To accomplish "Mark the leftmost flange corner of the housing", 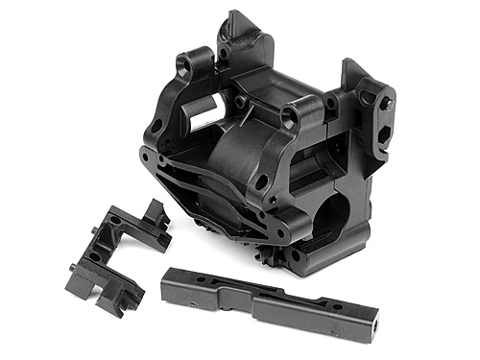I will [144, 154].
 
